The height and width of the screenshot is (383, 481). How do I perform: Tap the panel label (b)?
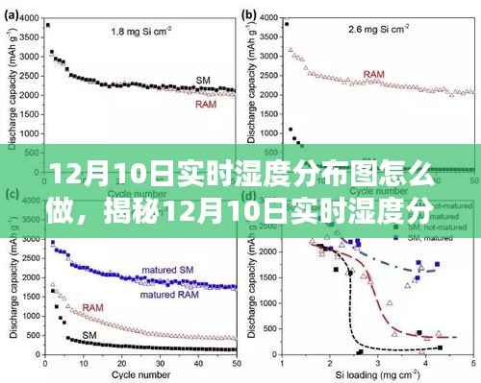click(250, 13)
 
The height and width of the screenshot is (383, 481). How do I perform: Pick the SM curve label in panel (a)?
click(204, 80)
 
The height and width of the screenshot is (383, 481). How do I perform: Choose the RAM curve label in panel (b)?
click(375, 73)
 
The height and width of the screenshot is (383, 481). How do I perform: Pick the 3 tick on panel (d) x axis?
click(376, 360)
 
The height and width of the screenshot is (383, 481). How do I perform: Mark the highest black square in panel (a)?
click(48, 26)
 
